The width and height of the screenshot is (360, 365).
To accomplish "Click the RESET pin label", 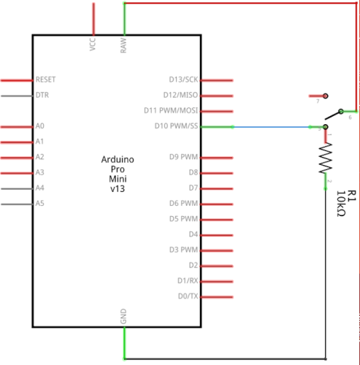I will point(45,79).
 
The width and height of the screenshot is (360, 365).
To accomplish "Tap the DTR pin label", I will point(42,95).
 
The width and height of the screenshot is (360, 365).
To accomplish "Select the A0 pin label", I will point(39,126).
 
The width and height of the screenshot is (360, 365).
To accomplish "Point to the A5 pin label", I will point(39,203).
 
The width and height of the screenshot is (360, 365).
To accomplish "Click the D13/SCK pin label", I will point(183,79).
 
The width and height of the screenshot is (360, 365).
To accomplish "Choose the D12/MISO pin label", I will point(180,95).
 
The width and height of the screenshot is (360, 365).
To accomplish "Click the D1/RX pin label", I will point(185,280).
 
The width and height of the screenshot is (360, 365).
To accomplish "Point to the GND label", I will point(123,317).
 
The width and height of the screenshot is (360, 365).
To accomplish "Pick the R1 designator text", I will point(352,195).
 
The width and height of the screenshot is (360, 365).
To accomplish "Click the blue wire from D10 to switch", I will point(277,127).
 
